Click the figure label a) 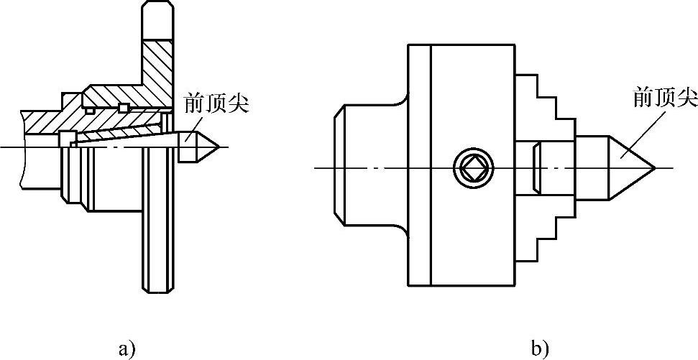click(x=126, y=350)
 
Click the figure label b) click(x=540, y=350)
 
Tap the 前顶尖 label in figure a click(x=206, y=103)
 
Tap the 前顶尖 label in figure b click(x=665, y=97)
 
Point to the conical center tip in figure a click(x=206, y=147)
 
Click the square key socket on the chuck click(x=474, y=168)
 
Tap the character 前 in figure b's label click(x=643, y=97)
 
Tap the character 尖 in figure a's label click(x=219, y=103)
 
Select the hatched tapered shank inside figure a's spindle click(x=122, y=134)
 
